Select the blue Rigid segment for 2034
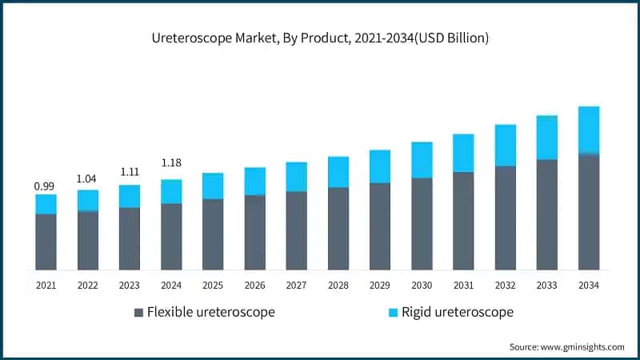589,129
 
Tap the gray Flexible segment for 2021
46,242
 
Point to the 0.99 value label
45,186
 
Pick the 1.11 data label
130,172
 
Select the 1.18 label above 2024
171,163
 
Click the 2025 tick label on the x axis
213,284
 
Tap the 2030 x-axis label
422,284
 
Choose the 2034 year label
589,284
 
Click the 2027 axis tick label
296,284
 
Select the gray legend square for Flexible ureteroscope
139,312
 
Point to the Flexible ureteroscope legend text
211,312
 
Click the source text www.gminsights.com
566,346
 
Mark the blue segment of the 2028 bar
338,172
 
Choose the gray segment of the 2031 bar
463,221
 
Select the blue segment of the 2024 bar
171,191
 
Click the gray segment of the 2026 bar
254,232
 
